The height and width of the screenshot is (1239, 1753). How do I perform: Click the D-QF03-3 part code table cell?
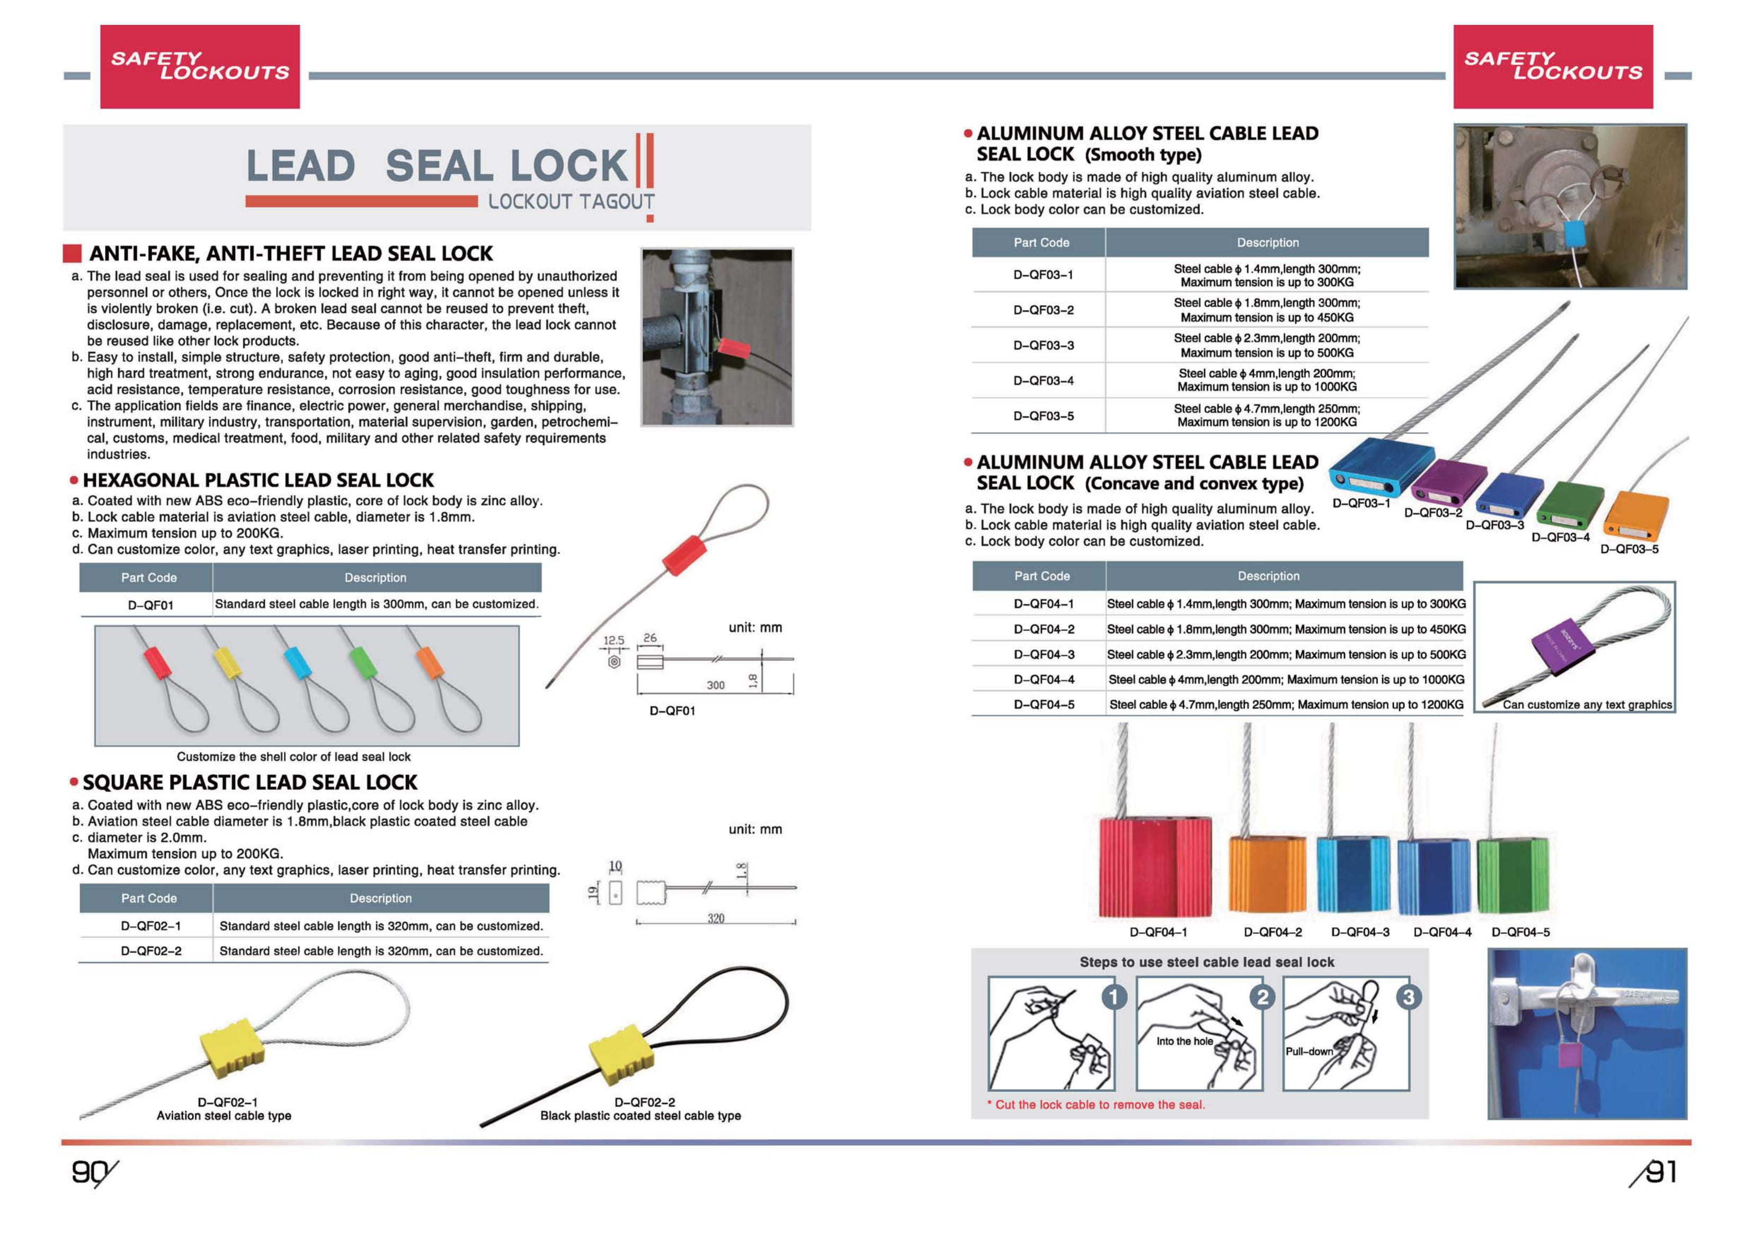pyautogui.click(x=1043, y=345)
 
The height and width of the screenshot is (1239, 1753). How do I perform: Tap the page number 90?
pyautogui.click(x=90, y=1171)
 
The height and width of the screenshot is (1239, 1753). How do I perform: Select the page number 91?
pyautogui.click(x=1661, y=1171)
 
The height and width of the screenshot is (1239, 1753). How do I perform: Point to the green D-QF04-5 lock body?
pyautogui.click(x=1512, y=874)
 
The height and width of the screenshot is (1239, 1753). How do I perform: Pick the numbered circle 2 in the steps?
pyautogui.click(x=1262, y=996)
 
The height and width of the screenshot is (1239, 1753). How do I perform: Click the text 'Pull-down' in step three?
pyautogui.click(x=1309, y=1051)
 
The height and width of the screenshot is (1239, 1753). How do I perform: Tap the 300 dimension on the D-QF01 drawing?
pyautogui.click(x=715, y=685)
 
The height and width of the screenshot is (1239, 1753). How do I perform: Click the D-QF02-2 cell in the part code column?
pyautogui.click(x=150, y=950)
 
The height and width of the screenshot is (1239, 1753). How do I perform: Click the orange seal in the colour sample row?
pyautogui.click(x=429, y=661)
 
